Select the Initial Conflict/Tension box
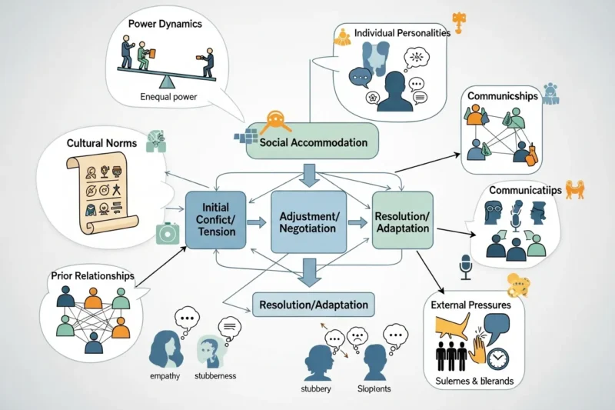[x=216, y=222]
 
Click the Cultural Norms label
[x=101, y=143]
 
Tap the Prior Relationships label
[x=92, y=275]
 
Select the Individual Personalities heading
[x=402, y=34]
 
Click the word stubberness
[x=215, y=376]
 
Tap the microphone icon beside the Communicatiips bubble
[x=464, y=265]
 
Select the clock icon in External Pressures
[x=498, y=358]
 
